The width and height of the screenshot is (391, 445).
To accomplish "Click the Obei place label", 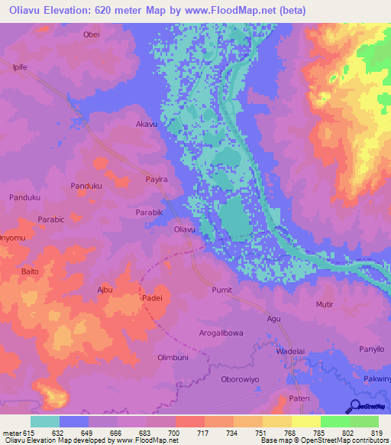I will tap(91, 34).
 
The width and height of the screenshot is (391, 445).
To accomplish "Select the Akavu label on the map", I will tap(146, 123).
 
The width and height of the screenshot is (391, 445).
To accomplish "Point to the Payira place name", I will tap(156, 178).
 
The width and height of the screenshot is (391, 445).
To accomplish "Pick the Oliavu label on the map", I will tap(186, 229).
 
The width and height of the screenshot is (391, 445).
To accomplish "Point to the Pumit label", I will tap(221, 291).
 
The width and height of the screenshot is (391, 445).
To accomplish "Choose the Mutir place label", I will tap(325, 304).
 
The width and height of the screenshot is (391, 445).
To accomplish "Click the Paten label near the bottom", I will tap(299, 399).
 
